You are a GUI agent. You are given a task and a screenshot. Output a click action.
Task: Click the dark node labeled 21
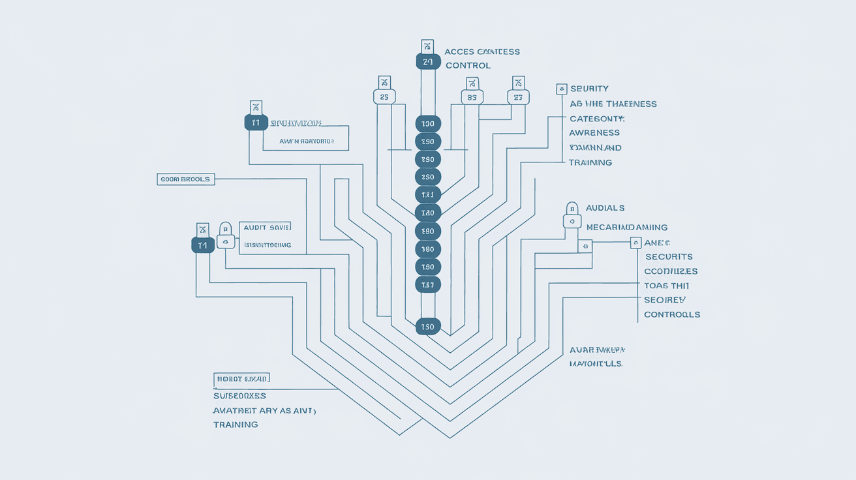pyautogui.click(x=427, y=62)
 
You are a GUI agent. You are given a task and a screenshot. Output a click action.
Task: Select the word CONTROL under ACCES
pyautogui.click(x=468, y=65)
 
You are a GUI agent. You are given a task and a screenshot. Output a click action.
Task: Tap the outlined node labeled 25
pyautogui.click(x=384, y=97)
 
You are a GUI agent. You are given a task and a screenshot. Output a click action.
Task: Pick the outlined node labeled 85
pyautogui.click(x=472, y=97)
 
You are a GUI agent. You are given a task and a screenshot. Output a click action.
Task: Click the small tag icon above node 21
pyautogui.click(x=427, y=46)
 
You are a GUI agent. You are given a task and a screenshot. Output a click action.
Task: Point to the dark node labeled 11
pyautogui.click(x=256, y=123)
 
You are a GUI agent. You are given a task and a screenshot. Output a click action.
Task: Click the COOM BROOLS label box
pyautogui.click(x=186, y=179)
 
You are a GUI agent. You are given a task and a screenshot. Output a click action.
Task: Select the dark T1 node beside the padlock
pyautogui.click(x=203, y=245)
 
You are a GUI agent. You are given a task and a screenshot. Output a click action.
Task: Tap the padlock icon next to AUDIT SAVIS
pyautogui.click(x=225, y=235)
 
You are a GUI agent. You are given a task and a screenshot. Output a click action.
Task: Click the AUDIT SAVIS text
pyautogui.click(x=266, y=227)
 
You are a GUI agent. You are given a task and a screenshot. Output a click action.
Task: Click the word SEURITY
pyautogui.click(x=589, y=89)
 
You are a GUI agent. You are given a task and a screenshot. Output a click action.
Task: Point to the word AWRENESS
pyautogui.click(x=594, y=133)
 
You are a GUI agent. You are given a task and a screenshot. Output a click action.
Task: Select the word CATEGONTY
pyautogui.click(x=597, y=119)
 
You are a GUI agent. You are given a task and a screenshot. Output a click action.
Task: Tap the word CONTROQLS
pyautogui.click(x=672, y=314)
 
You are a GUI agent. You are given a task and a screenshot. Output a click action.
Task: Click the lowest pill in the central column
pyautogui.click(x=428, y=326)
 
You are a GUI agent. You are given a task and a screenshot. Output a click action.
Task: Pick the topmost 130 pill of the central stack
pyautogui.click(x=428, y=124)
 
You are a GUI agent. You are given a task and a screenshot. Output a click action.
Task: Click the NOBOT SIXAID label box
pyautogui.click(x=241, y=378)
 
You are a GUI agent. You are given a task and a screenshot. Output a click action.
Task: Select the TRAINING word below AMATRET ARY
pyautogui.click(x=236, y=425)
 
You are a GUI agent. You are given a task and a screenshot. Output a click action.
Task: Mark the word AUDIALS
pyautogui.click(x=605, y=208)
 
